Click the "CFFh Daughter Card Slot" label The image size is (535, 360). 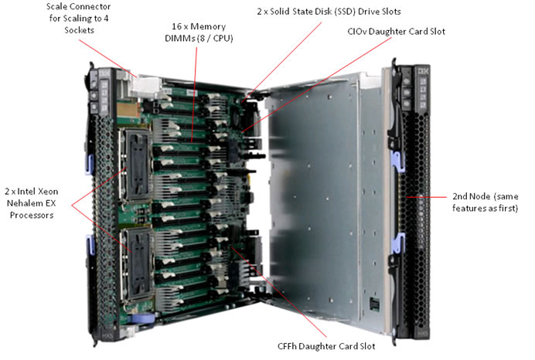point(332,346)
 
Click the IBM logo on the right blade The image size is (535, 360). point(422,76)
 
